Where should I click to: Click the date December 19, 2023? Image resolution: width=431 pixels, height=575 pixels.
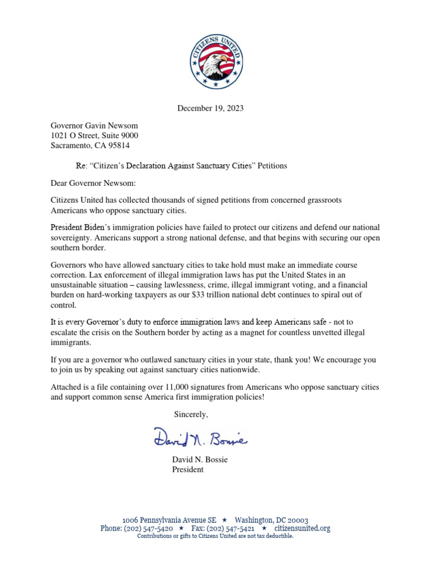210,108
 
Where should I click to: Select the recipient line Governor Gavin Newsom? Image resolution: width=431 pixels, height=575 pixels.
94,125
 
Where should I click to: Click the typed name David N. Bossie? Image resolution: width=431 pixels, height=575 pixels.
200,459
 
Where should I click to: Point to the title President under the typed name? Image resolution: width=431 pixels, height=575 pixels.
187,469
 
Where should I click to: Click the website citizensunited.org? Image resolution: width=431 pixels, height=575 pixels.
302,528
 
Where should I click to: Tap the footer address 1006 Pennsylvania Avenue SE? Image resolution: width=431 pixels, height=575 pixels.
169,520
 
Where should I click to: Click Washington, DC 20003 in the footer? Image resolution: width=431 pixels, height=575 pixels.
271,520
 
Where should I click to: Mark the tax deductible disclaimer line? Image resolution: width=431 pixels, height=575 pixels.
215,536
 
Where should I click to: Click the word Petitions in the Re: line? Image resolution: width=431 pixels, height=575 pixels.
272,166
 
